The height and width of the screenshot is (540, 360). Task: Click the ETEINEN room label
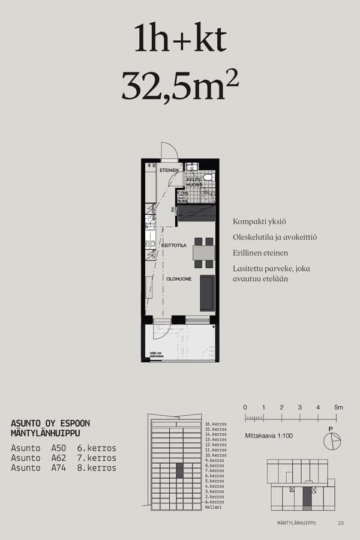coord(169,171)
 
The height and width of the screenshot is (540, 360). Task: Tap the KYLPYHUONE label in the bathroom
coord(194,182)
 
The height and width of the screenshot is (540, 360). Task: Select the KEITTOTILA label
coord(174,245)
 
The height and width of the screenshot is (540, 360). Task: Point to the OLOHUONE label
coord(179,278)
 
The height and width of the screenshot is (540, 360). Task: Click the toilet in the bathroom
coord(208,178)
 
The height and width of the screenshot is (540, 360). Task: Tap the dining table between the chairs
coord(204,253)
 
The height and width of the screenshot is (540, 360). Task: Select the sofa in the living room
coord(207,293)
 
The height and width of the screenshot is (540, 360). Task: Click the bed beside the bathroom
coord(196,212)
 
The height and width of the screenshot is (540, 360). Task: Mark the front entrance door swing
coord(169,151)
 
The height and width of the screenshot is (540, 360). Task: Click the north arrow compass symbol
coord(331,441)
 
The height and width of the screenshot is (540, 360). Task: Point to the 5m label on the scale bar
coord(338,407)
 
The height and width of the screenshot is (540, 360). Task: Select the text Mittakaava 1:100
coord(269,436)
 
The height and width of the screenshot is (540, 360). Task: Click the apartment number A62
coord(59,458)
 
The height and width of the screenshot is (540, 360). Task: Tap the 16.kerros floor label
coord(215,424)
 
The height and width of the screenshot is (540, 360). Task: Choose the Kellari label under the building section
coord(213,507)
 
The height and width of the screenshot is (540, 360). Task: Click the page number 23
coord(341,523)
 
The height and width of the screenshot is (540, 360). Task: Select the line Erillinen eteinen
coord(260,253)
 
